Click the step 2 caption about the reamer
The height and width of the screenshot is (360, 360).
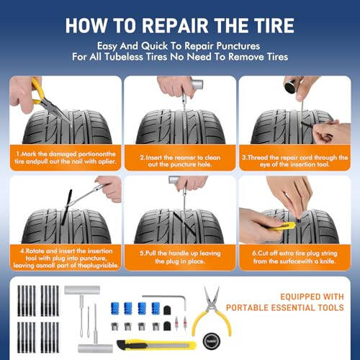point(180,158)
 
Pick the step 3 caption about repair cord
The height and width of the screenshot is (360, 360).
point(295,158)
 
